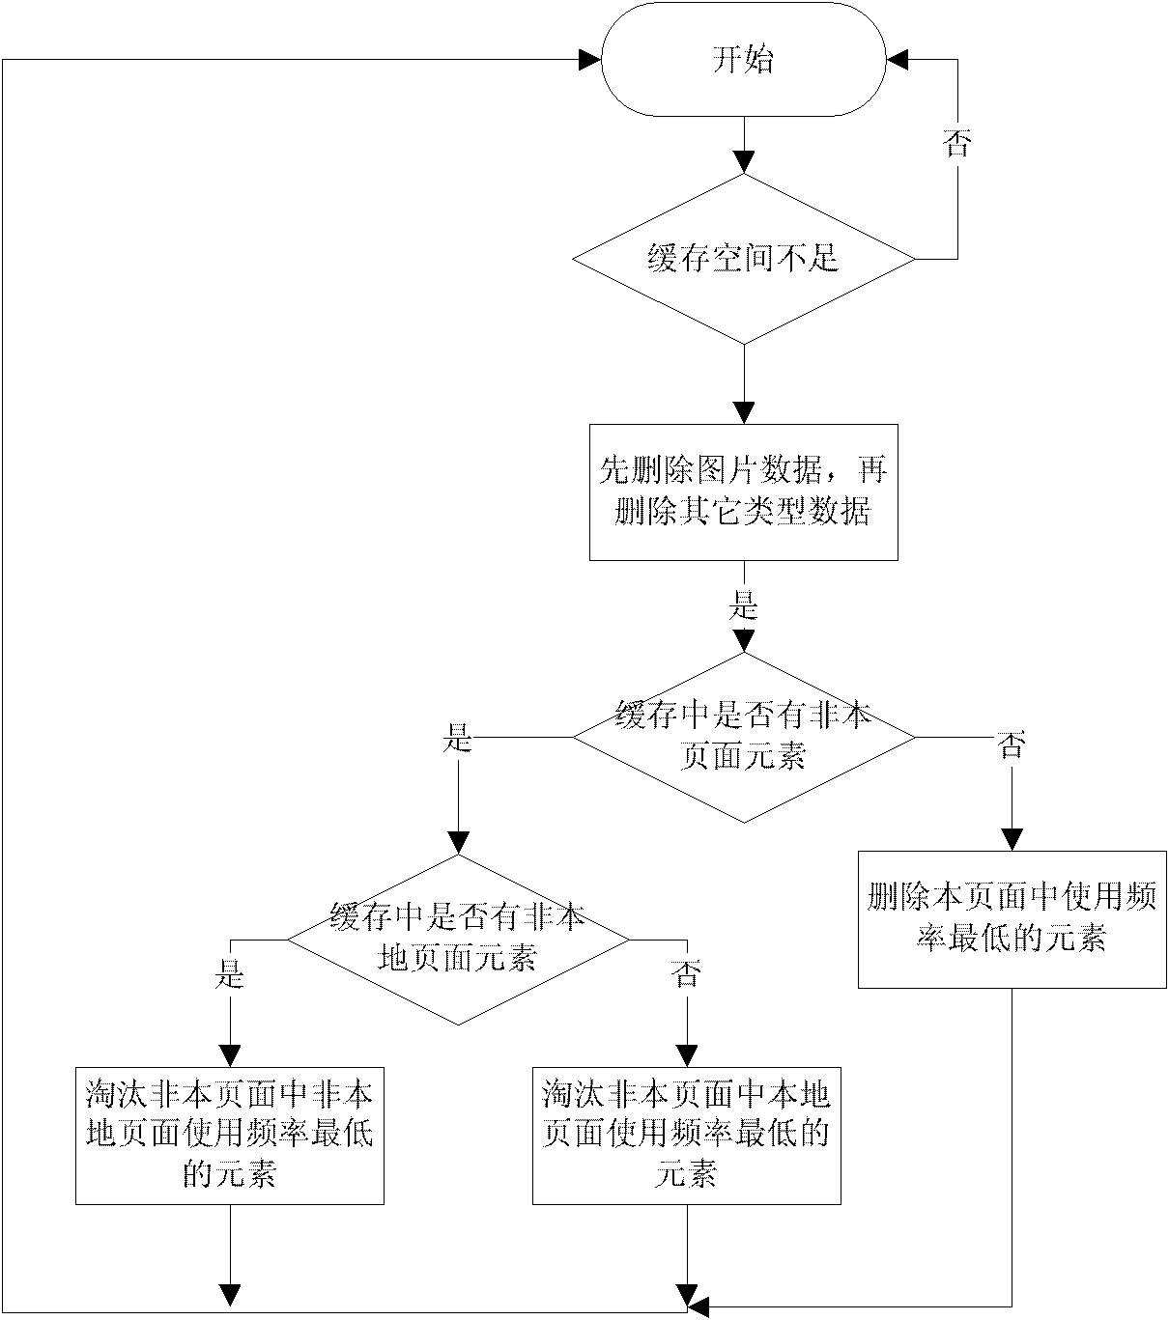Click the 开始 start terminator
[743, 60]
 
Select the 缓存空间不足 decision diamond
[743, 259]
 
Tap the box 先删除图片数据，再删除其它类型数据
[743, 492]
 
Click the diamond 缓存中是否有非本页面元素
[743, 739]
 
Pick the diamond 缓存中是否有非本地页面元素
[458, 939]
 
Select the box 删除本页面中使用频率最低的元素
[1012, 918]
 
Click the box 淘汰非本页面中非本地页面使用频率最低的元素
[230, 1135]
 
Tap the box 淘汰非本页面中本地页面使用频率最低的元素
[686, 1135]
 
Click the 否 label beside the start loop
[956, 144]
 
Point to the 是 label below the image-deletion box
[743, 606]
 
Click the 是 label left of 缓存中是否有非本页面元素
[457, 740]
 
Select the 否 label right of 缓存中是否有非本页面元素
[1012, 744]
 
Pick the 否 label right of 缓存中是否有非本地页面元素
[686, 974]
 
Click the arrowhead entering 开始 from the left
[589, 60]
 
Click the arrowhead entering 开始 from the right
[898, 60]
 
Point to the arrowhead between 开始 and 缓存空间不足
[743, 162]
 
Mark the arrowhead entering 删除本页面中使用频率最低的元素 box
[1012, 838]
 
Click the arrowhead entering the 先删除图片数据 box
[743, 412]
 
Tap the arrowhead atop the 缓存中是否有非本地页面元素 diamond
[458, 843]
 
